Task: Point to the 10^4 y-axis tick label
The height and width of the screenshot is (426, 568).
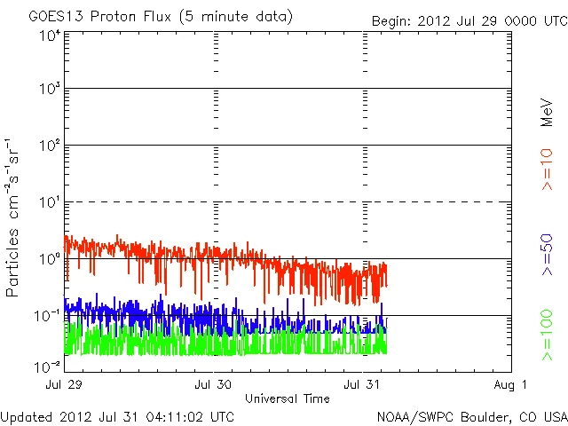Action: [50, 35]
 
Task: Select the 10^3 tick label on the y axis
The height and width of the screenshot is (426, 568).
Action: [50, 90]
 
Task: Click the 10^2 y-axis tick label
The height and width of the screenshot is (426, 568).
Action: [50, 146]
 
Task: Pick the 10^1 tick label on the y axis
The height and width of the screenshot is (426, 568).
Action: [50, 202]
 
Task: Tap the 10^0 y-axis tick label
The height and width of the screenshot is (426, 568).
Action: [50, 259]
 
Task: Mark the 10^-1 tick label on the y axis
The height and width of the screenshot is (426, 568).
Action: [48, 316]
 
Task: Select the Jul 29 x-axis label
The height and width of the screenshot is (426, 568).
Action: [64, 385]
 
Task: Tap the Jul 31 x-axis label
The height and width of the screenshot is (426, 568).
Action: [362, 385]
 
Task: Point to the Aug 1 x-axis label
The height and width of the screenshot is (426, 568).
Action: [511, 385]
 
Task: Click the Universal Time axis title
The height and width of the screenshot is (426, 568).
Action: [288, 398]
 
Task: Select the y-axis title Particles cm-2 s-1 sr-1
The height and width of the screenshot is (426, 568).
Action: [15, 217]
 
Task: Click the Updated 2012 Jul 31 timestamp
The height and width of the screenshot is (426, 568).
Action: [118, 415]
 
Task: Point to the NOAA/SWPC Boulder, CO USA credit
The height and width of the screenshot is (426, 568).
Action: [470, 415]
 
